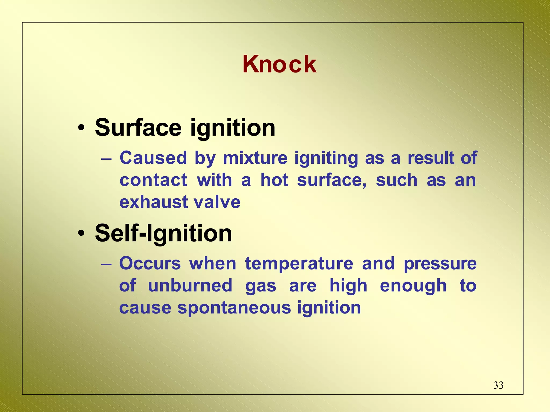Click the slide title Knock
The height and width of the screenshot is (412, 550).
(279, 64)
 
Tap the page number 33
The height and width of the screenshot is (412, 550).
(498, 385)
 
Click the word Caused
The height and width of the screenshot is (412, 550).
(153, 158)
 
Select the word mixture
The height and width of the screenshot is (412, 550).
(255, 158)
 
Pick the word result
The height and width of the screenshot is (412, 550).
(431, 158)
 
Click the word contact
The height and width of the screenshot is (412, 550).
(153, 180)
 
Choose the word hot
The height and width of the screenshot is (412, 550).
(274, 180)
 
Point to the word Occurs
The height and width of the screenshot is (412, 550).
(150, 263)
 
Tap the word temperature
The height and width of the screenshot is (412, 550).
(299, 264)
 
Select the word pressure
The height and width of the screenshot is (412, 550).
(440, 264)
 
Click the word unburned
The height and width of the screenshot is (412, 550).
(190, 285)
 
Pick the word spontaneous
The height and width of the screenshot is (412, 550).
(234, 308)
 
